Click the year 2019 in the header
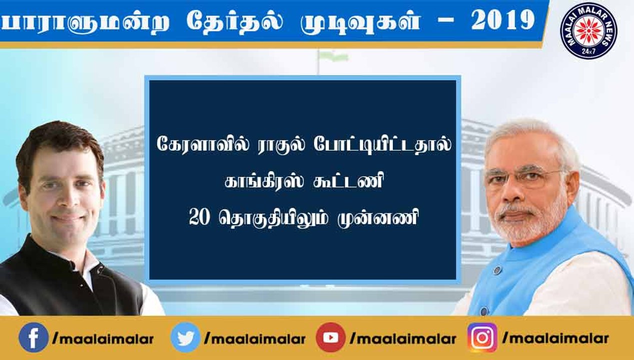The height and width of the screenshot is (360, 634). [x=503, y=20]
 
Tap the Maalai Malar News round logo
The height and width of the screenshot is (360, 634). [x=588, y=30]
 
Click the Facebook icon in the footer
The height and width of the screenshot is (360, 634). [x=34, y=337]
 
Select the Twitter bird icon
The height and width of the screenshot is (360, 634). [x=185, y=337]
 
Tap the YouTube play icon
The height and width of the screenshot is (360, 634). [x=331, y=337]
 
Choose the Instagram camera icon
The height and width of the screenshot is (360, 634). [x=482, y=337]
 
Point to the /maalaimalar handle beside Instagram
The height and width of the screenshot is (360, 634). [x=555, y=338]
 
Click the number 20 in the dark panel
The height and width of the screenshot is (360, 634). [x=200, y=218]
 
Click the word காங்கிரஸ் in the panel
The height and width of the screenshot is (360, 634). [x=264, y=181]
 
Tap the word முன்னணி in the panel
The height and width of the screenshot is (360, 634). [x=378, y=218]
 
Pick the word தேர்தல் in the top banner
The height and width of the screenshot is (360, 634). [x=234, y=20]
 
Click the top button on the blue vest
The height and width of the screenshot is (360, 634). [x=497, y=270]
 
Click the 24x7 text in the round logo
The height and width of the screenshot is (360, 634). [x=588, y=51]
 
